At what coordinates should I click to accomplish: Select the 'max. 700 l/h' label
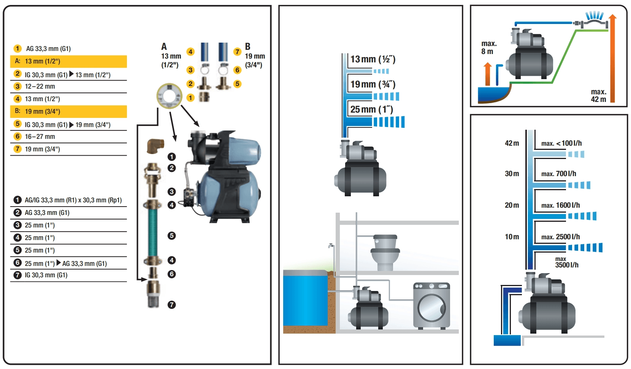558,174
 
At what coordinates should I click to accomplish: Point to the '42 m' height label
512,143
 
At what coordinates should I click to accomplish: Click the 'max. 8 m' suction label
488,48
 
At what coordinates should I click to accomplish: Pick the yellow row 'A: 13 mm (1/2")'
68,61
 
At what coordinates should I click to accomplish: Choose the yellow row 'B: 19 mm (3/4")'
68,111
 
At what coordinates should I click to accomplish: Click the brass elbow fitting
155,146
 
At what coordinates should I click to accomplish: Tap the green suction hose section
153,232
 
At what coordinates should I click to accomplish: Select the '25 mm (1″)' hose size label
371,110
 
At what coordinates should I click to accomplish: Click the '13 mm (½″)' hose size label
373,59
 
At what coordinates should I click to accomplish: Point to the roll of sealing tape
169,96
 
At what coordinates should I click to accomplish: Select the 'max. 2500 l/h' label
560,237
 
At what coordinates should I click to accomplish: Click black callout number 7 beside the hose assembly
172,305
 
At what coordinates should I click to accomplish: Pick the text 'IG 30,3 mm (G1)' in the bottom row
46,275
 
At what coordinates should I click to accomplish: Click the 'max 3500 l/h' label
566,262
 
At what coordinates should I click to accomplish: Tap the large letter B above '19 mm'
247,47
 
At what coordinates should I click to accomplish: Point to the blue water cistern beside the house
305,299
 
